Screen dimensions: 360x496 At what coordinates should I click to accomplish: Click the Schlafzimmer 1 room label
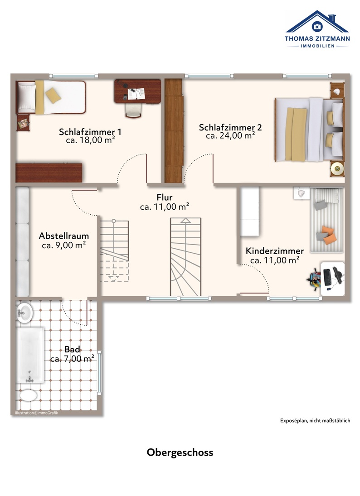tap(90, 132)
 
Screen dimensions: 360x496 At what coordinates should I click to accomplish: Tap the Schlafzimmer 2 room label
tap(230, 127)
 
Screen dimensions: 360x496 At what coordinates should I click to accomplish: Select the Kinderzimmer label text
tap(275, 251)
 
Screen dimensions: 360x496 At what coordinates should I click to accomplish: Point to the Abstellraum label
tap(64, 236)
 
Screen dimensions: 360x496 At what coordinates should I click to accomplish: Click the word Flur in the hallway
tap(165, 197)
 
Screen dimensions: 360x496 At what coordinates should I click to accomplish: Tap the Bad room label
tap(72, 350)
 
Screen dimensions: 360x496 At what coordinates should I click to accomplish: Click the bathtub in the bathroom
tap(30, 355)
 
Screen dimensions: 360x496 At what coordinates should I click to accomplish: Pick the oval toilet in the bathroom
tap(29, 395)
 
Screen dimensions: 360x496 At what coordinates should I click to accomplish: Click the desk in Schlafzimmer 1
tap(138, 91)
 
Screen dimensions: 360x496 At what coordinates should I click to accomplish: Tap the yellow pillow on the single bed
tap(53, 95)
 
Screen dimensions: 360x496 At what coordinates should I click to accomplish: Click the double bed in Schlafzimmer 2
tap(309, 130)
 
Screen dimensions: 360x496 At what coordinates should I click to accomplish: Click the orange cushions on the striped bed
tap(328, 235)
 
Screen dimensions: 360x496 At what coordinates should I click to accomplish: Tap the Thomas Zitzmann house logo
tap(317, 29)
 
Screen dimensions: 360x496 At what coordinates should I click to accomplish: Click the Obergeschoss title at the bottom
tap(180, 453)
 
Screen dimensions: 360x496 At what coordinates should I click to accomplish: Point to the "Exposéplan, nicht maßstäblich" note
tap(315, 421)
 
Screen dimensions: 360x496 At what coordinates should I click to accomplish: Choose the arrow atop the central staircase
tap(185, 221)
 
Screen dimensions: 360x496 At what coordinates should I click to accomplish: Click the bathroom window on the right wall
tap(99, 373)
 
